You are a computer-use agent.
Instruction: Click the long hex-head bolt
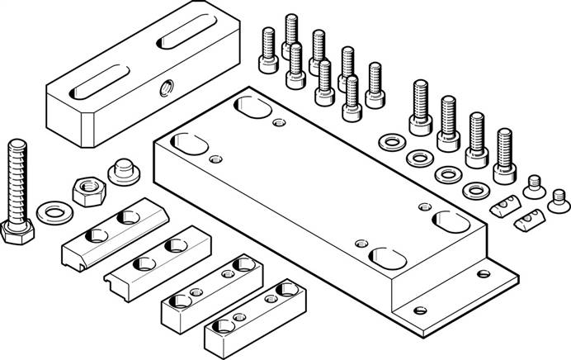tap(19, 190)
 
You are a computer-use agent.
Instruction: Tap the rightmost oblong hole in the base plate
tap(449, 222)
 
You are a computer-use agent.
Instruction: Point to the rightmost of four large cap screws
tap(504, 157)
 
